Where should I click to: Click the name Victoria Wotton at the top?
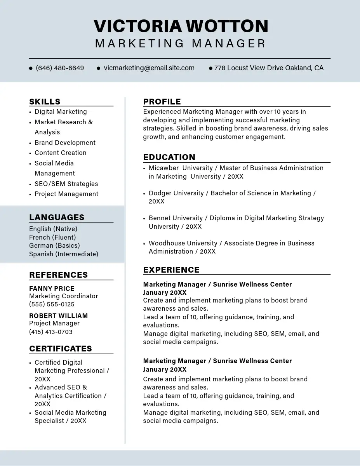[181, 26]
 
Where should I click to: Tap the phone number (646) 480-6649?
[60, 68]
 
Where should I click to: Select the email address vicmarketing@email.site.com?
[149, 68]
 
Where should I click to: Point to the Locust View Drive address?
[269, 68]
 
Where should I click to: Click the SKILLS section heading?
[45, 102]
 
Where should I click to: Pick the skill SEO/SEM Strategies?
[66, 184]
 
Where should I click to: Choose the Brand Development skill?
[65, 143]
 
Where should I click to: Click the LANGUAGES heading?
[57, 217]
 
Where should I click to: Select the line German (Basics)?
[54, 245]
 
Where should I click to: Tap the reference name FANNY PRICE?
[52, 289]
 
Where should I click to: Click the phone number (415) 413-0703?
[51, 332]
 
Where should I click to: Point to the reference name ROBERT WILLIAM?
[58, 316]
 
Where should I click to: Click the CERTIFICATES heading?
[61, 349]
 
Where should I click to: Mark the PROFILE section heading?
[162, 102]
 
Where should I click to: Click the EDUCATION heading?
[169, 157]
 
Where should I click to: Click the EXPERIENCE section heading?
[171, 270]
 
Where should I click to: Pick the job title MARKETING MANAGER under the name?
[181, 43]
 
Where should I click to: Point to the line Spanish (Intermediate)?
[64, 254]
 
